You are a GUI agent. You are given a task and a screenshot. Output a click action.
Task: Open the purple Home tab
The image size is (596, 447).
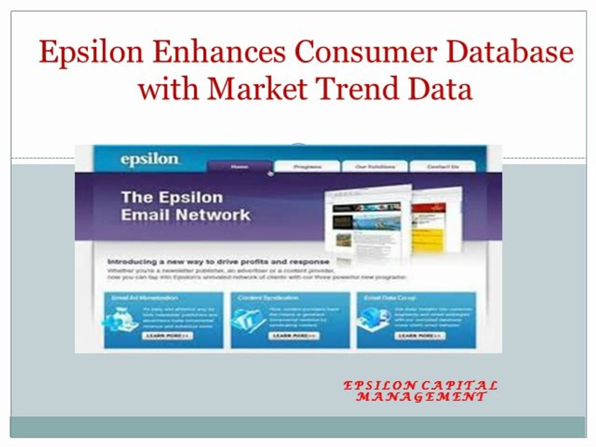click(240, 166)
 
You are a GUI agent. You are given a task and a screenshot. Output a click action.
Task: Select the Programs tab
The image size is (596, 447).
click(307, 166)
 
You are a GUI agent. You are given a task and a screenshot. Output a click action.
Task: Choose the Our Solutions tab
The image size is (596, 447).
click(374, 166)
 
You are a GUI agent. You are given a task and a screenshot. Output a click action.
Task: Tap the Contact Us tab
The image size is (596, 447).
click(443, 166)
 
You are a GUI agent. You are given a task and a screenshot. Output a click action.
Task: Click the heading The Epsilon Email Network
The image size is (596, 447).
click(185, 206)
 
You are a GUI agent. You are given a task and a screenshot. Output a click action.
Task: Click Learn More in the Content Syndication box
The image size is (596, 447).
click(294, 336)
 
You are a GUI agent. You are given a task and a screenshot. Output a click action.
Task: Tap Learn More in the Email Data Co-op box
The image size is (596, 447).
click(420, 336)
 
